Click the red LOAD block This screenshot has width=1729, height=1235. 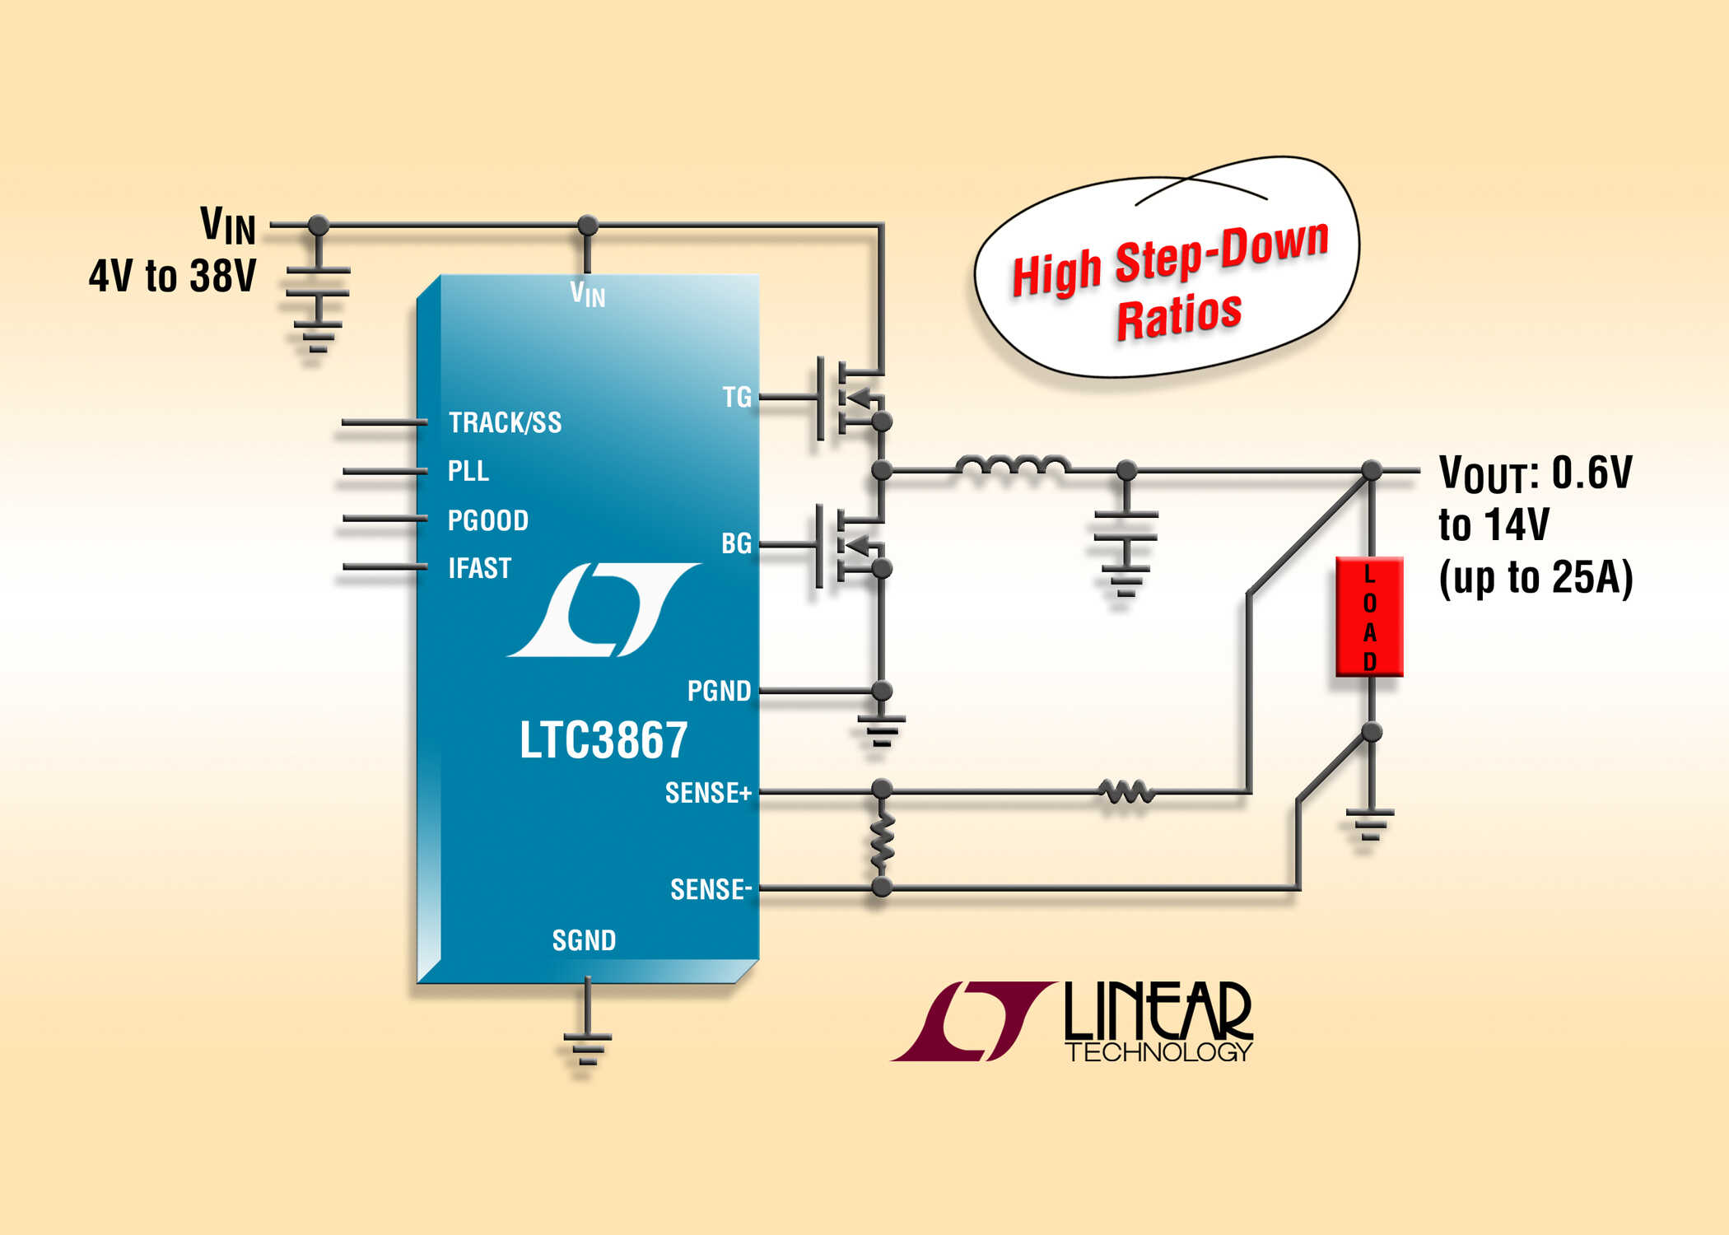1369,617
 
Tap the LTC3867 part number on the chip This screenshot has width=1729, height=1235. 603,739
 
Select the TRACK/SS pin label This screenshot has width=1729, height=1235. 505,422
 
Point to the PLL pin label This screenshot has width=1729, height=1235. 468,471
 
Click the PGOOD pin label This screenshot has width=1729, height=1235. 487,520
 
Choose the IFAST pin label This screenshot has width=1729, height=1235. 479,568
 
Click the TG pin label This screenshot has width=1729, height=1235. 737,397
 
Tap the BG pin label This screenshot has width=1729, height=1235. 736,543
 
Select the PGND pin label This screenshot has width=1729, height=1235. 719,691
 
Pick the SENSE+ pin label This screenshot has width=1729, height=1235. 707,793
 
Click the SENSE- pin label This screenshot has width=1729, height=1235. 710,889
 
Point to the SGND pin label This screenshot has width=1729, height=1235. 584,940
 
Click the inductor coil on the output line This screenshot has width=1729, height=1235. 1013,466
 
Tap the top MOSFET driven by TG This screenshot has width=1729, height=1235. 848,398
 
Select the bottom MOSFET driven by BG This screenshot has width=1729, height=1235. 848,545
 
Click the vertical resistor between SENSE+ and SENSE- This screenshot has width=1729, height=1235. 882,840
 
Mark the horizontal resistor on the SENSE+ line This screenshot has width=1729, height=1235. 1125,792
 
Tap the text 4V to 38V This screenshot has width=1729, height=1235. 172,276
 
